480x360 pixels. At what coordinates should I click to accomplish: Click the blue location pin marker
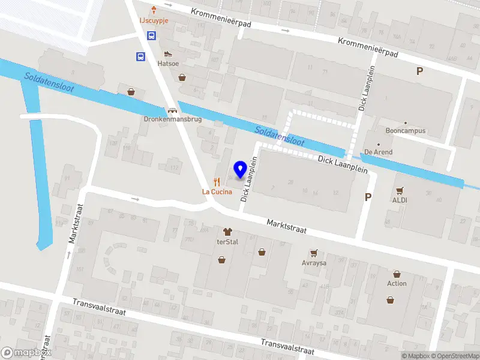(241, 170)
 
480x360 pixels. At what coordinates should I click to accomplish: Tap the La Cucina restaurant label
(217, 192)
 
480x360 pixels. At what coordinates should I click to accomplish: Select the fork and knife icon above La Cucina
(217, 182)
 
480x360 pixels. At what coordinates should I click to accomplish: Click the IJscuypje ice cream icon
(154, 10)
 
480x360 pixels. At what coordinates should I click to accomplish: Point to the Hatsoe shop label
(168, 62)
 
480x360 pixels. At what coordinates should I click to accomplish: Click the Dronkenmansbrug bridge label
(172, 119)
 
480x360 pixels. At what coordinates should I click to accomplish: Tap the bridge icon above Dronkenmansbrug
(173, 110)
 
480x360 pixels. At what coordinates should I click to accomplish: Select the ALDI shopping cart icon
(400, 190)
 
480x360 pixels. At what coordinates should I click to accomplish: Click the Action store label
(397, 283)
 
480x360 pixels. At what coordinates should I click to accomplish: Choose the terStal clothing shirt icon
(227, 232)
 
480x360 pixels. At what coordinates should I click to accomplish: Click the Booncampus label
(406, 131)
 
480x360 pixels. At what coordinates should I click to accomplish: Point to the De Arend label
(378, 152)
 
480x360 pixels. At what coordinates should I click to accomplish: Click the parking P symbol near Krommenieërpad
(419, 71)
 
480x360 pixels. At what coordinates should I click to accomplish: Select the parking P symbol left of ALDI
(368, 197)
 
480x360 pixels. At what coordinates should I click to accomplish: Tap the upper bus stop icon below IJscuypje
(152, 35)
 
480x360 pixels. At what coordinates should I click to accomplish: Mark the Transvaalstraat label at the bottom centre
(287, 346)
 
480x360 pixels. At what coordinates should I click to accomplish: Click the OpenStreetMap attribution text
(454, 356)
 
